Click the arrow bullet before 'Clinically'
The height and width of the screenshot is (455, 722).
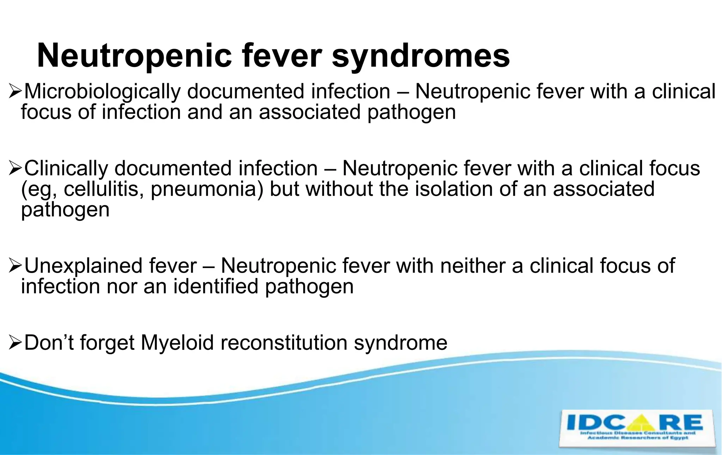[16, 169]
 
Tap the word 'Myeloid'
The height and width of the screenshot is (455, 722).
[177, 342]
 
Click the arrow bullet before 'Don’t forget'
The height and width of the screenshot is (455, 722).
[16, 343]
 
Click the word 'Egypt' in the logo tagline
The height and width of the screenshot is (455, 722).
[680, 438]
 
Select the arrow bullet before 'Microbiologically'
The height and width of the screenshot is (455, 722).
[16, 92]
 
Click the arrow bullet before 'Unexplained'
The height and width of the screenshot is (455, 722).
[16, 266]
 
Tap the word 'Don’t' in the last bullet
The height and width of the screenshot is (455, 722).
[49, 342]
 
